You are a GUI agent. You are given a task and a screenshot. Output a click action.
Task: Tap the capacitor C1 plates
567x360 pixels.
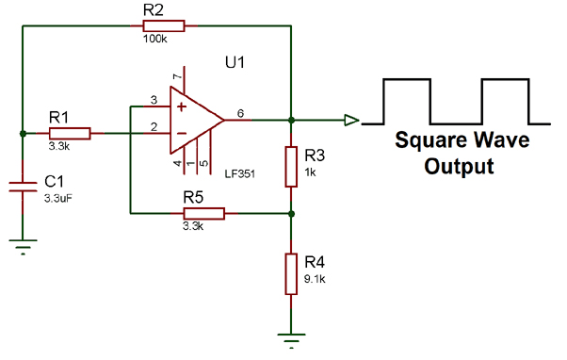(22, 187)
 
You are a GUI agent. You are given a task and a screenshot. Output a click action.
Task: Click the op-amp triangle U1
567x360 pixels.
(193, 121)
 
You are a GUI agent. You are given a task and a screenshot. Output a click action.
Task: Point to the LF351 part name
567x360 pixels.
(241, 174)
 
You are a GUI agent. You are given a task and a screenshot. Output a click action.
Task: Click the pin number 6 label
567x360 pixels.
(241, 112)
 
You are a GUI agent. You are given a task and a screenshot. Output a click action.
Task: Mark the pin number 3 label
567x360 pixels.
(153, 99)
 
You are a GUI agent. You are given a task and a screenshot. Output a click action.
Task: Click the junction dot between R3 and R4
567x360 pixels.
(292, 213)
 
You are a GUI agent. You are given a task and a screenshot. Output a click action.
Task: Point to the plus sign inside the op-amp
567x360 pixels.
(179, 106)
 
